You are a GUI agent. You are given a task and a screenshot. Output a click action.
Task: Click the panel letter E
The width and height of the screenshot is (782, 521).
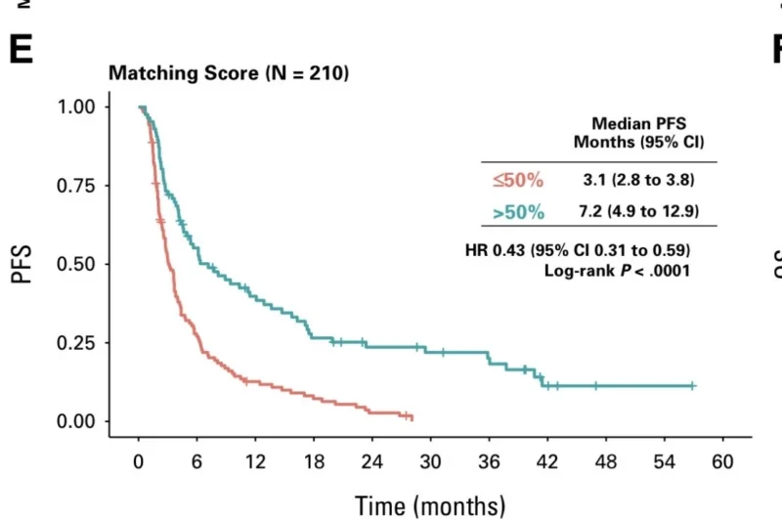[x=21, y=49]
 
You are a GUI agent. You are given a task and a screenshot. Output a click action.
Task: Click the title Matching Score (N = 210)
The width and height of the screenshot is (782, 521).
[x=227, y=73]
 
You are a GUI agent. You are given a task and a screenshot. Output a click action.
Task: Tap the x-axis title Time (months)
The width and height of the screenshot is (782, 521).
[x=430, y=505]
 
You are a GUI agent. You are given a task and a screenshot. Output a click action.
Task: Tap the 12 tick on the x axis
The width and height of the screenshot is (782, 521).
[x=255, y=461]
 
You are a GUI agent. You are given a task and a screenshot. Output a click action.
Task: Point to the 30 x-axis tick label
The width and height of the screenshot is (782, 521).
[x=431, y=461]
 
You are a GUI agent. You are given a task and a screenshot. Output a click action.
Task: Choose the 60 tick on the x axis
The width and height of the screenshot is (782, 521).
[x=723, y=461]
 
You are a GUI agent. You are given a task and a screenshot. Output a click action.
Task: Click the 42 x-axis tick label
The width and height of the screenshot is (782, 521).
[x=547, y=461]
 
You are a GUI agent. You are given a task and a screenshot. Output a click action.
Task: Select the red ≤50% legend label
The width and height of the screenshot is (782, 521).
[x=518, y=180]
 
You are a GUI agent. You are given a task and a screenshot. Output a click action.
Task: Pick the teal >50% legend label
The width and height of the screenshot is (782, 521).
[x=518, y=212]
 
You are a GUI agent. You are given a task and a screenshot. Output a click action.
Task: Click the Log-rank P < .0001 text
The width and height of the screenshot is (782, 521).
[x=617, y=269]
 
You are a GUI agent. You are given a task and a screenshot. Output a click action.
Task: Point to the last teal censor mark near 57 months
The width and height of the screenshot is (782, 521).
[x=693, y=386]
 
